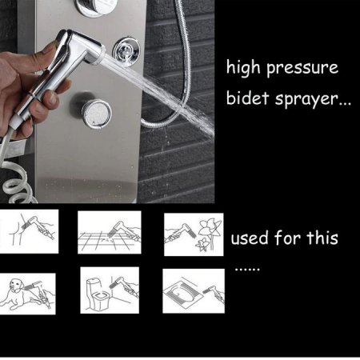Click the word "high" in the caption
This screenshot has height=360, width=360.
(243, 66)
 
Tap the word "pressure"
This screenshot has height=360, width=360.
(302, 68)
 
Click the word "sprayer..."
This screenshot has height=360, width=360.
(313, 99)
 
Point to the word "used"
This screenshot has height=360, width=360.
(250, 238)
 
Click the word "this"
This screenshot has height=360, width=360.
(322, 237)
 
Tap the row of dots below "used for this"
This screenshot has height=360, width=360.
(247, 270)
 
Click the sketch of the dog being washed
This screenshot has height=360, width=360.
(28, 294)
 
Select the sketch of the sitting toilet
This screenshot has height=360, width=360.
(110, 290)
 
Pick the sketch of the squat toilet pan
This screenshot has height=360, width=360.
(194, 291)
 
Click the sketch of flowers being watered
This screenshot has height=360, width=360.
(194, 234)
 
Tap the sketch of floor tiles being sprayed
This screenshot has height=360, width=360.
(110, 232)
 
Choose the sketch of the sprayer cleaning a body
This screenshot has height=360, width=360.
(29, 231)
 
